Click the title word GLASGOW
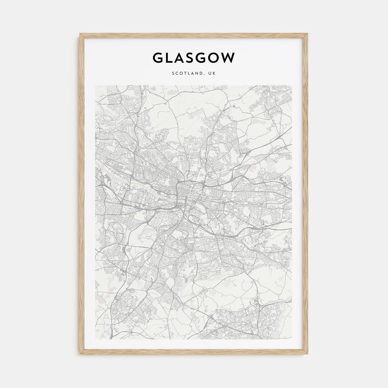[x=194, y=58]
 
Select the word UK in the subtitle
[x=212, y=73]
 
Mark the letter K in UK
[x=214, y=73]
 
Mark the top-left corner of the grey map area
[x=95, y=85]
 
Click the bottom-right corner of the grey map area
[x=292, y=339]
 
